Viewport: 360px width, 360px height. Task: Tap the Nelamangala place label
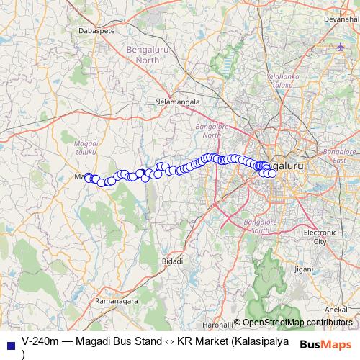point(177,102)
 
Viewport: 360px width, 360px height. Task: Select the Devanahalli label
point(341,19)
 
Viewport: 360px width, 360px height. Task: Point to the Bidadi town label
point(172,260)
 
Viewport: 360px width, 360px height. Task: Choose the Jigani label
point(303,268)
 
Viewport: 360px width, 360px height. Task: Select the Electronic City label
point(320,237)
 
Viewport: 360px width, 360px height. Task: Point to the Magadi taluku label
point(86,148)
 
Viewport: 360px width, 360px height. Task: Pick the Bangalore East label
point(340,156)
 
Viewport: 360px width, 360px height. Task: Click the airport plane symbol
point(341,47)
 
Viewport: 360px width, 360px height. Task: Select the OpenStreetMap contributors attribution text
point(297,323)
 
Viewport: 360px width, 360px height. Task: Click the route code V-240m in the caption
point(40,340)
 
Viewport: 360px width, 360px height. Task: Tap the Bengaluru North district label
point(153,55)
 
